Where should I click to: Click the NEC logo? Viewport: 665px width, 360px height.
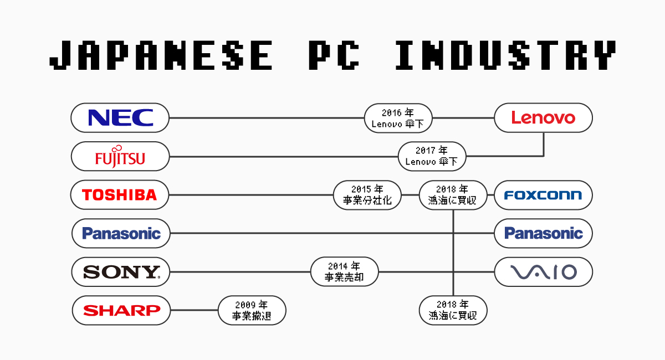pos(120,117)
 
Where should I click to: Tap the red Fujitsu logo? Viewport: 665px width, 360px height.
pos(120,156)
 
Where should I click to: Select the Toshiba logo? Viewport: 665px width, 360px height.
pos(120,195)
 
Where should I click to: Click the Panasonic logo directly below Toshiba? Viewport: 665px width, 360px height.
pos(121,233)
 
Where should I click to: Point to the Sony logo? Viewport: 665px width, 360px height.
pos(121,272)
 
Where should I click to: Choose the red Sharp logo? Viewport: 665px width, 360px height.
pos(121,310)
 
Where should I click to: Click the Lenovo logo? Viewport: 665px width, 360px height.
pos(543,117)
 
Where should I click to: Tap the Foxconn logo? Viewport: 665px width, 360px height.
pos(543,195)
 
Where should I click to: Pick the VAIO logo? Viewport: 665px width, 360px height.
pos(543,272)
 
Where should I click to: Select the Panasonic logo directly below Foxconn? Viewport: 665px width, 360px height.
pos(543,233)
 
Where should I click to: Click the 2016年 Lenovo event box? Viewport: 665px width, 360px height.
pos(398,117)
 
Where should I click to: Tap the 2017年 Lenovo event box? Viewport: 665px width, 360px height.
pos(432,156)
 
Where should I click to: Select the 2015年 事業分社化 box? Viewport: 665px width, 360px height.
pos(367,195)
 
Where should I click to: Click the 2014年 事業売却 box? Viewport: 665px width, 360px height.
pos(344,272)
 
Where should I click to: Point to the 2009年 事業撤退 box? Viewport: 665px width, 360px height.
pos(252,310)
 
